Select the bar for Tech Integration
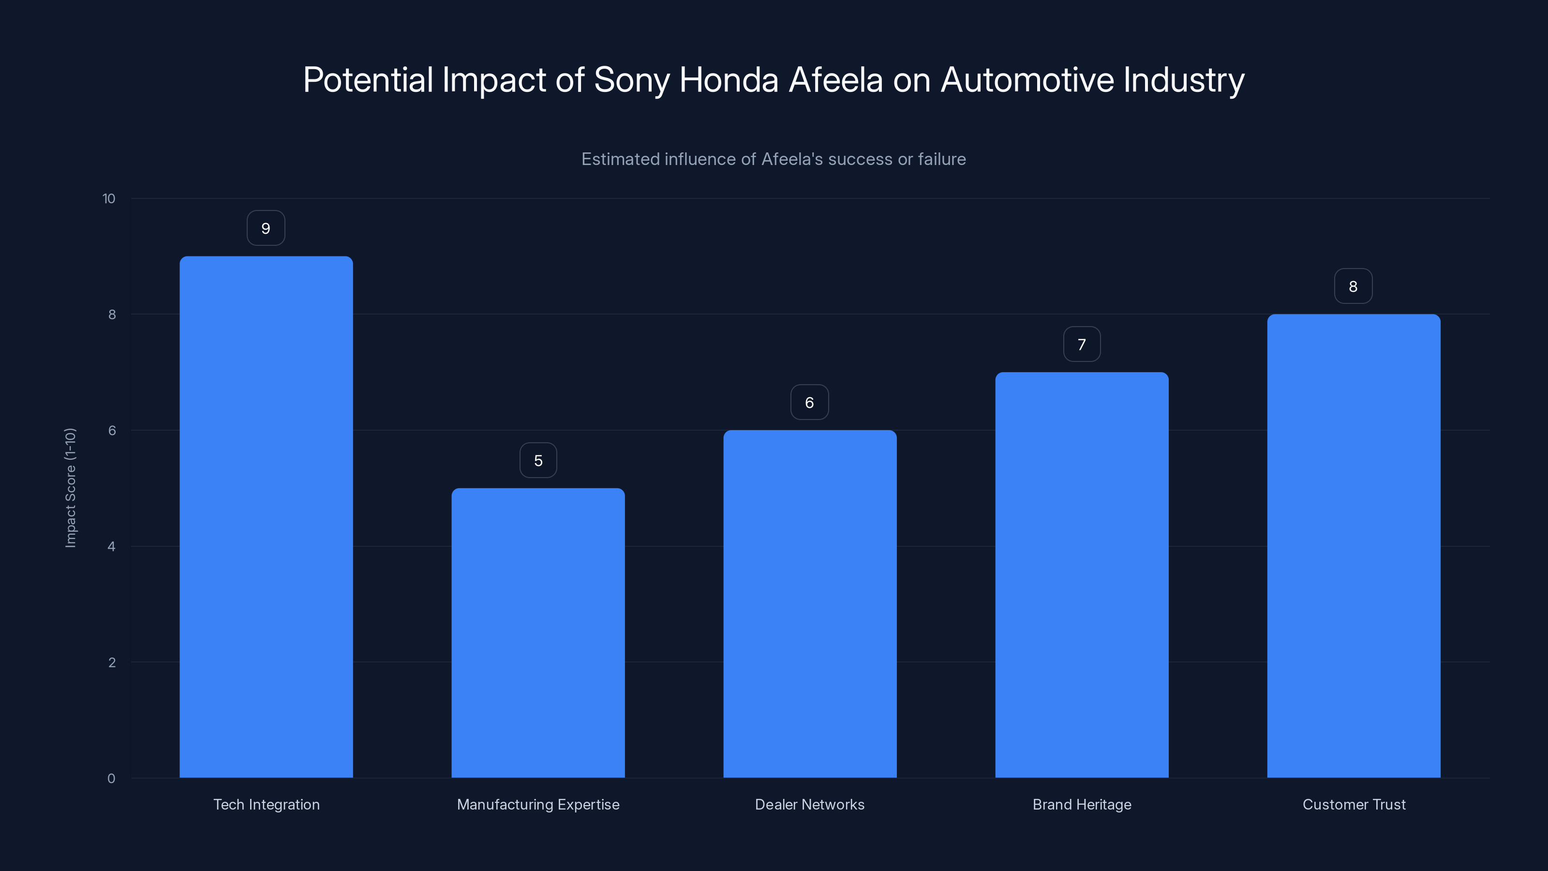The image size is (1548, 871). tap(266, 517)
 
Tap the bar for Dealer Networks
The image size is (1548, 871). tap(809, 603)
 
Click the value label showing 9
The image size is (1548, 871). tap(266, 228)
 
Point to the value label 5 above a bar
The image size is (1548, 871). tap(538, 461)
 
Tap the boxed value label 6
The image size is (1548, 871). tap(809, 403)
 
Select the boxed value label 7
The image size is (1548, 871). tap(1082, 345)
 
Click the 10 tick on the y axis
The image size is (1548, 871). tap(109, 198)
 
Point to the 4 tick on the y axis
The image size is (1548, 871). tap(111, 546)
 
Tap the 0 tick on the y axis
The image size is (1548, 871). tap(111, 779)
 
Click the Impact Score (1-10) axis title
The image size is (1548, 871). tap(70, 487)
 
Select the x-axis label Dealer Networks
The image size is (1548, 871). tap(809, 804)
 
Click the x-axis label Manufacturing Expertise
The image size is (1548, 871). tap(538, 804)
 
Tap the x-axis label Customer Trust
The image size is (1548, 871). tap(1354, 804)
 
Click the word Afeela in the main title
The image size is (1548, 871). tap(835, 80)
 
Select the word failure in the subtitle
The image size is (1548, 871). tap(942, 159)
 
